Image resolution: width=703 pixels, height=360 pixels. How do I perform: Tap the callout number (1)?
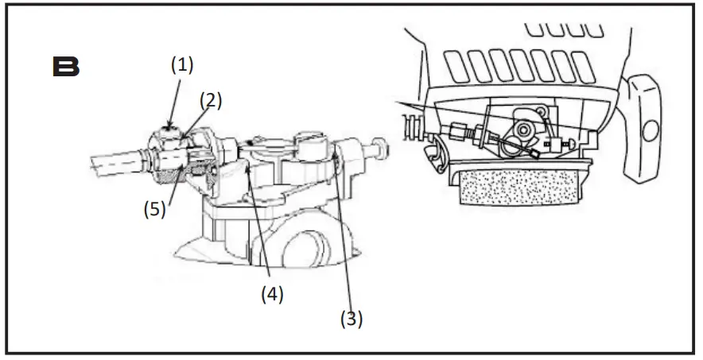(x=182, y=65)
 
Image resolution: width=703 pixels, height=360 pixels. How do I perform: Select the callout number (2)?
(x=210, y=100)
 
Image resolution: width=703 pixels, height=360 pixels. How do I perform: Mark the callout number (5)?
(x=154, y=210)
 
